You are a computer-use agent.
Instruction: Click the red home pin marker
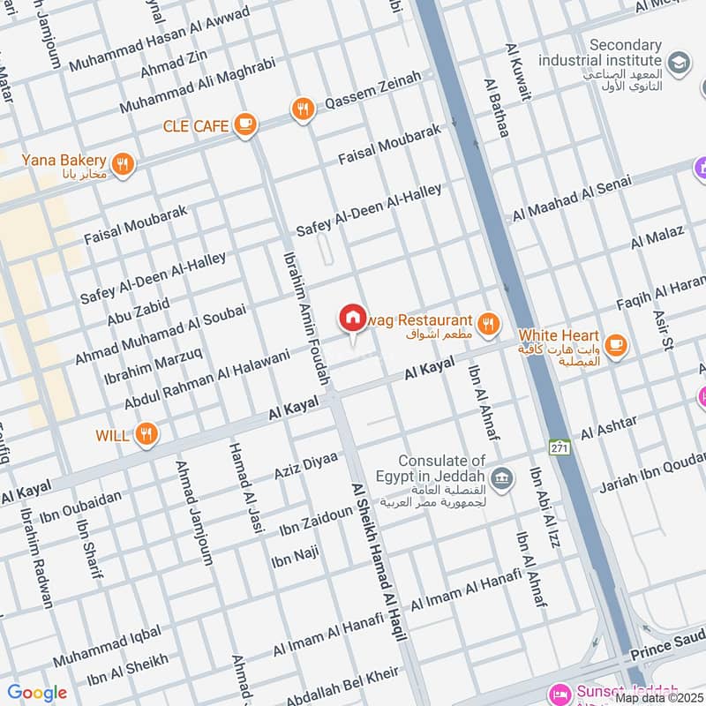[352, 318]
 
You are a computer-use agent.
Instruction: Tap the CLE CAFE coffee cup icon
[245, 126]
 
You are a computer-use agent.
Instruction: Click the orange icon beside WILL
[147, 434]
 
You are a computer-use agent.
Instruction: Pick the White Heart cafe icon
[615, 344]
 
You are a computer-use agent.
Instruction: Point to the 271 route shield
[560, 447]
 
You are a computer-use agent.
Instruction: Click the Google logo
[37, 693]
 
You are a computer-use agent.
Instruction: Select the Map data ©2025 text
[659, 697]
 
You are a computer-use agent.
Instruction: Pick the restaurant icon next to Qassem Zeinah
[303, 109]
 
